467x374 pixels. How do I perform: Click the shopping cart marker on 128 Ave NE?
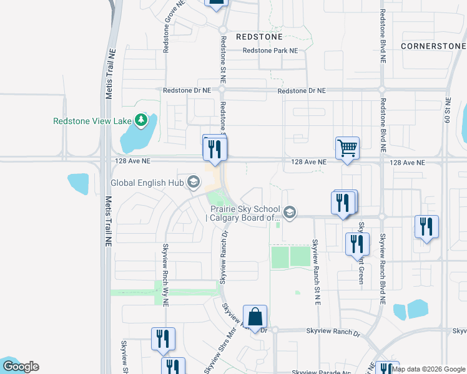click(347, 148)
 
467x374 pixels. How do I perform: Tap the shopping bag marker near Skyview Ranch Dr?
click(255, 317)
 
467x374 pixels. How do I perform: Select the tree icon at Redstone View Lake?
click(142, 120)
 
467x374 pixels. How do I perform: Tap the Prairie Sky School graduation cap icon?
click(289, 213)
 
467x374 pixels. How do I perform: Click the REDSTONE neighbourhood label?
click(260, 37)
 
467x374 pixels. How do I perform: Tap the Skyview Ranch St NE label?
click(316, 272)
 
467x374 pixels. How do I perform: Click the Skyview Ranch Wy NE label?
click(166, 275)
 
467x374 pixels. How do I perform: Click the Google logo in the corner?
click(20, 367)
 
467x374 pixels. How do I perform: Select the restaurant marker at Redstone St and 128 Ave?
click(214, 148)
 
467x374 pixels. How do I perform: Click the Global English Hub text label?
click(149, 183)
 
